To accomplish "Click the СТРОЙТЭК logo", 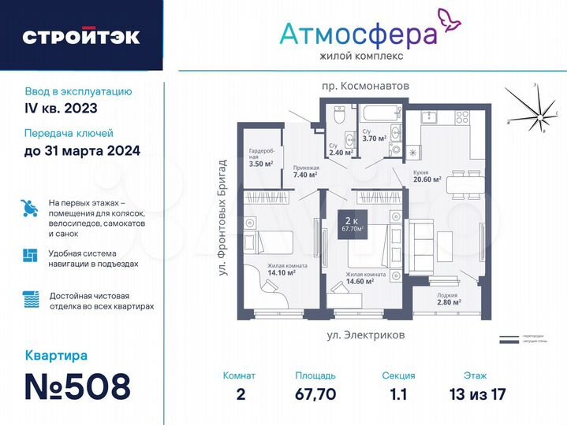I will pos(81,36).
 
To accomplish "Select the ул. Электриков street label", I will pos(366,334).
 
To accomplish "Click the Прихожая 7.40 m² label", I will pos(305,171).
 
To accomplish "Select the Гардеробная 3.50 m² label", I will pos(260,157).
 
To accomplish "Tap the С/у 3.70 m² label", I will pos(373,135).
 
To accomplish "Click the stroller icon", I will pos(29,208).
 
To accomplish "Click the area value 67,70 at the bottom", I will pos(315,394).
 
